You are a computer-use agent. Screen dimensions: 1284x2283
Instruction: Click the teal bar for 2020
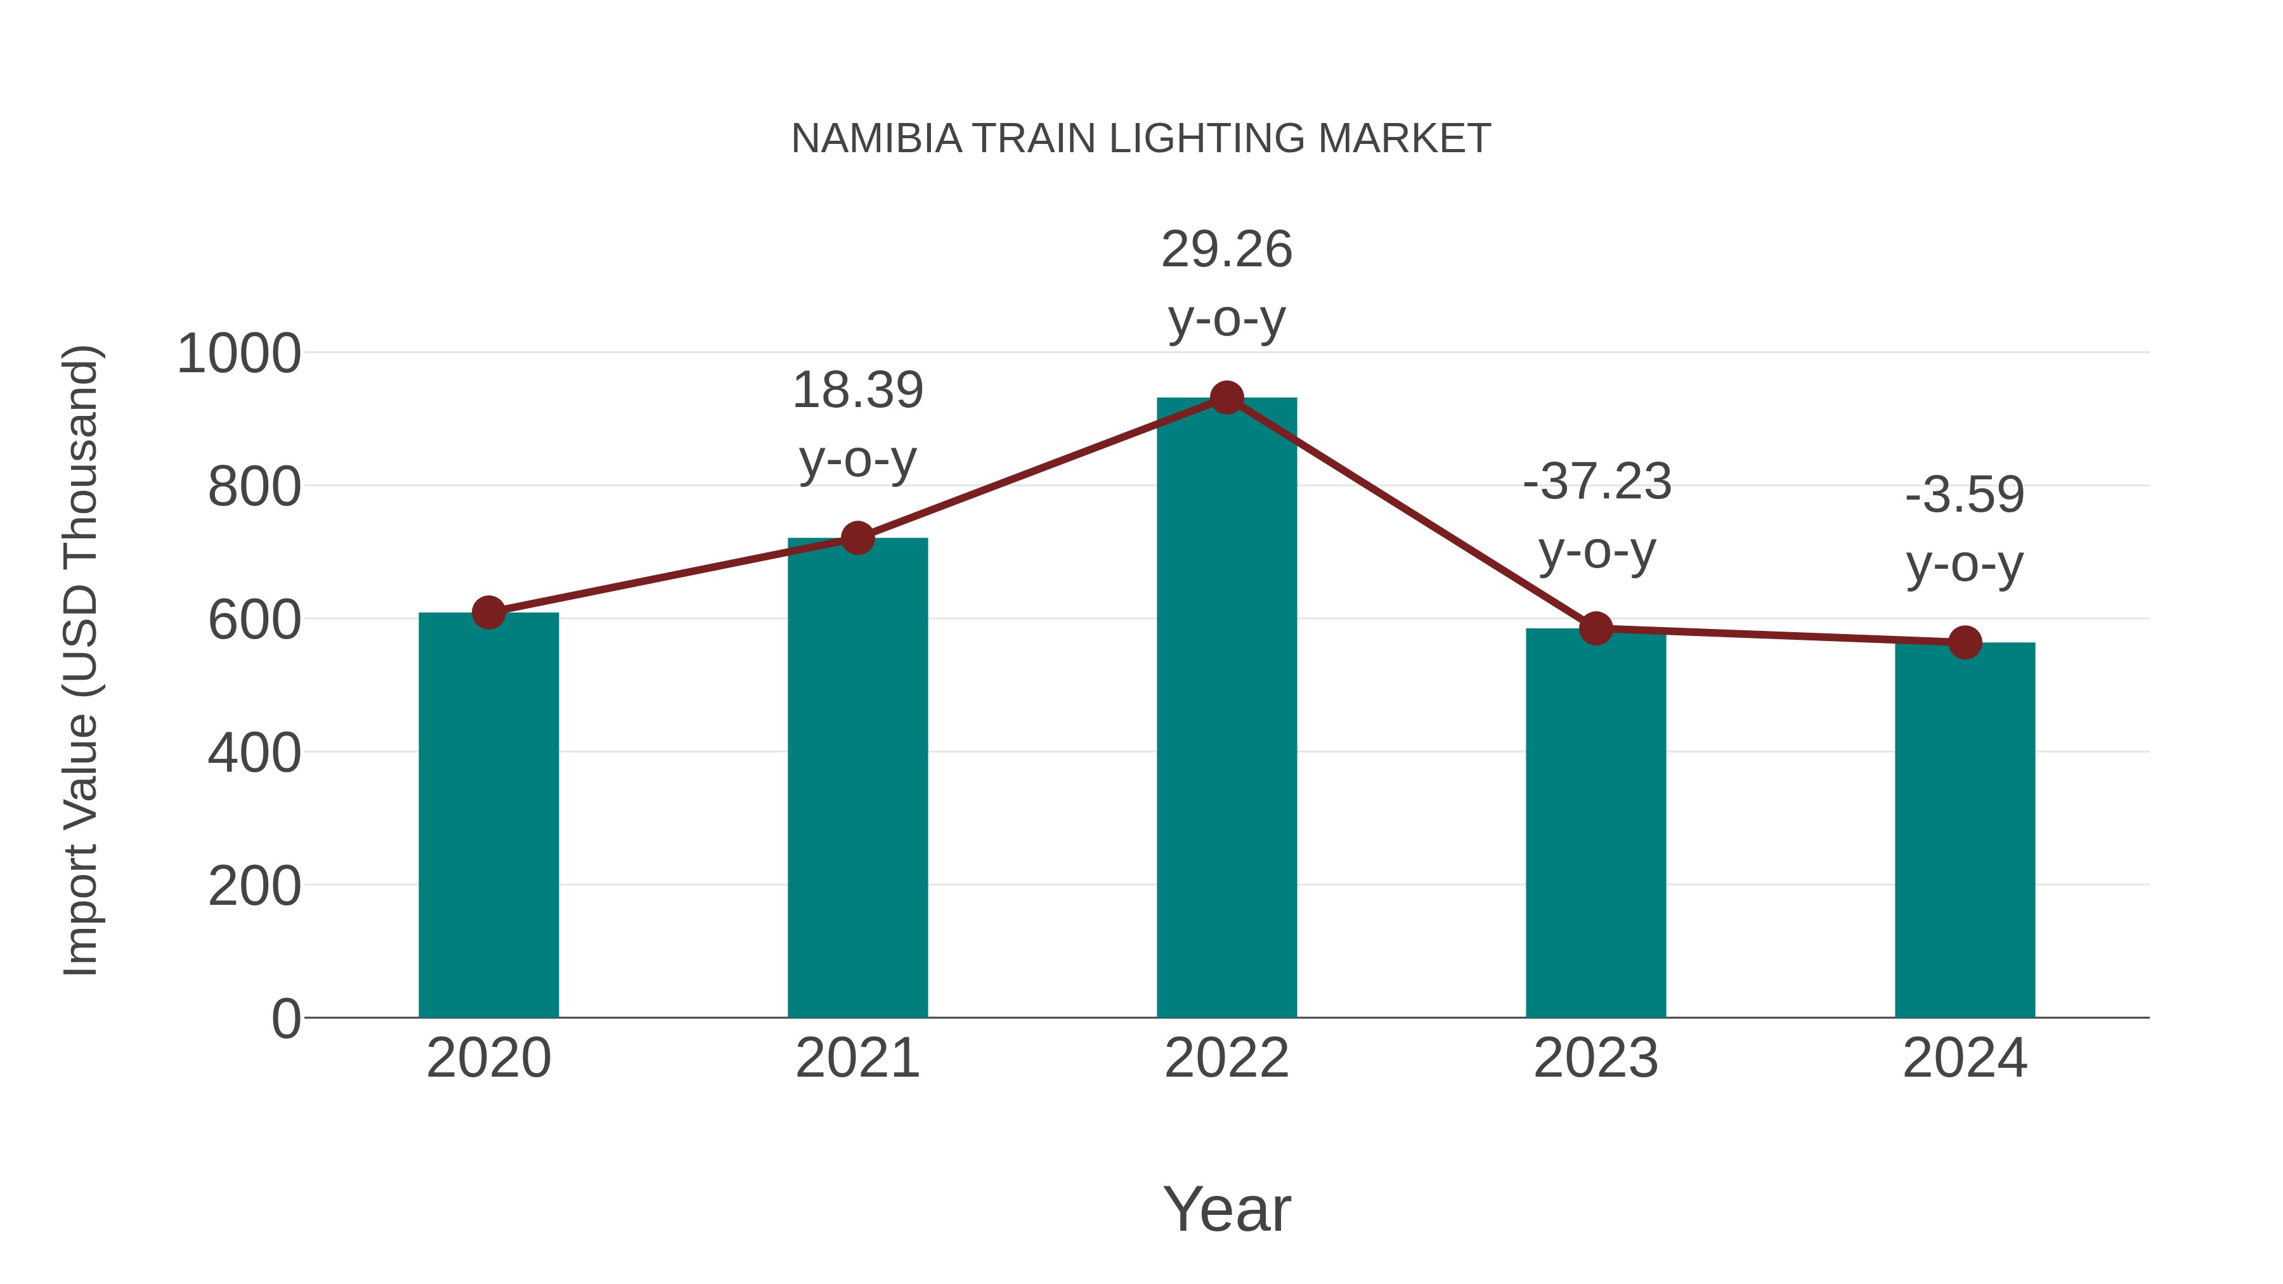[488, 815]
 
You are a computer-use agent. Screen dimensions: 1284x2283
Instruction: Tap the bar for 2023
[1596, 824]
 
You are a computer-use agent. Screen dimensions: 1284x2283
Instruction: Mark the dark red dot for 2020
[488, 613]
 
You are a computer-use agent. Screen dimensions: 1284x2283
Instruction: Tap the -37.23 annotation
[1596, 483]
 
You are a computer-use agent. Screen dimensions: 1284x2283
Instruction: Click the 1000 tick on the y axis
[239, 354]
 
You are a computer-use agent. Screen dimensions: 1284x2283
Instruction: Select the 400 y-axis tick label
[254, 753]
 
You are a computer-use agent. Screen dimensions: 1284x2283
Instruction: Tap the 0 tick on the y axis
[285, 1019]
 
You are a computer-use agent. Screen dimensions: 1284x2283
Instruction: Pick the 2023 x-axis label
[1596, 1059]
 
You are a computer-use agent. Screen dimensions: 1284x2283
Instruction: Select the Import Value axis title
[82, 660]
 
